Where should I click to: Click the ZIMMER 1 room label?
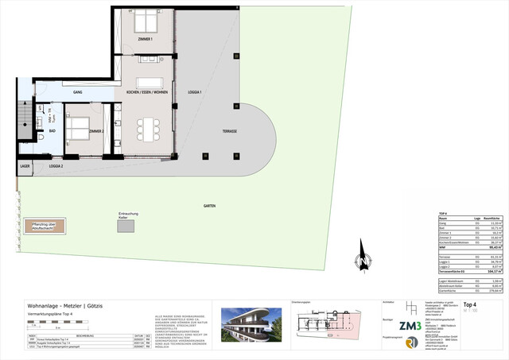coord(144,39)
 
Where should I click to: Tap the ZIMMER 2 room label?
coord(96,130)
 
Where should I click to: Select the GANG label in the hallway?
coord(78,93)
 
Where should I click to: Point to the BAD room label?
coord(52,130)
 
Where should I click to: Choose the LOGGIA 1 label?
coord(195,93)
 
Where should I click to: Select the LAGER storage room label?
coord(24,167)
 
